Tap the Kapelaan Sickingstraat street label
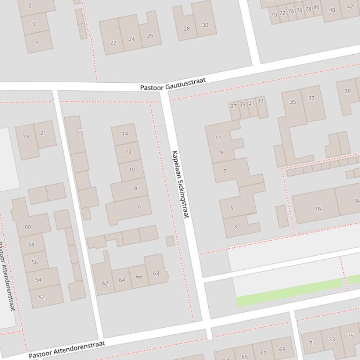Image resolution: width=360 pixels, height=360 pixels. (x=180, y=184)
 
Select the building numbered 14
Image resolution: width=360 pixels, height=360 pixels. (x=125, y=134)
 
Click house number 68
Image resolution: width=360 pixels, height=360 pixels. (x=156, y=273)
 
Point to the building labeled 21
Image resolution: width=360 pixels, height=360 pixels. (x=43, y=133)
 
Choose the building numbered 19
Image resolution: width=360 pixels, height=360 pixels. (x=26, y=137)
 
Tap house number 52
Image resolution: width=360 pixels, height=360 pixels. (x=42, y=297)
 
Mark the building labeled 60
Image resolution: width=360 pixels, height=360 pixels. (x=28, y=227)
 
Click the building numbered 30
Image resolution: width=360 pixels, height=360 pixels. (x=205, y=25)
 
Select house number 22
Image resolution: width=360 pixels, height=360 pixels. (x=113, y=43)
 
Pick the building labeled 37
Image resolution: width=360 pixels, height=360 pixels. (x=311, y=98)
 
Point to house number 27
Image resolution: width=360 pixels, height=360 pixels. (x=234, y=106)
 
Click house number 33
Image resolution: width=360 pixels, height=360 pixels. (x=260, y=101)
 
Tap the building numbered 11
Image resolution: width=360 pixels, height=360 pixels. (x=218, y=138)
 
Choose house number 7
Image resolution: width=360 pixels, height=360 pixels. (x=225, y=171)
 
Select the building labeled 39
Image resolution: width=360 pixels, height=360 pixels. (x=347, y=91)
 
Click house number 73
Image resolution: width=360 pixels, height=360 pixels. (x=332, y=340)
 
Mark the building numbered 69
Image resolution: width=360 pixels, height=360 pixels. (x=282, y=349)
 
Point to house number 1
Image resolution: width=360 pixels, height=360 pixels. (x=37, y=43)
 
